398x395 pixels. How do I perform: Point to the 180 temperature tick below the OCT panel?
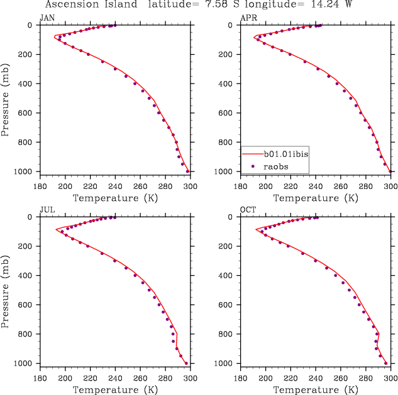[241, 379]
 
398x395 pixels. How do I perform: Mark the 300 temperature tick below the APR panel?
[390, 187]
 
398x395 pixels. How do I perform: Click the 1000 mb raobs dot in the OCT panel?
[386, 363]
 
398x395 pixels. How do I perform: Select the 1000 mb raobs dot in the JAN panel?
[187, 171]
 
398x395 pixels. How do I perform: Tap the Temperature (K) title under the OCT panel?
[316, 390]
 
